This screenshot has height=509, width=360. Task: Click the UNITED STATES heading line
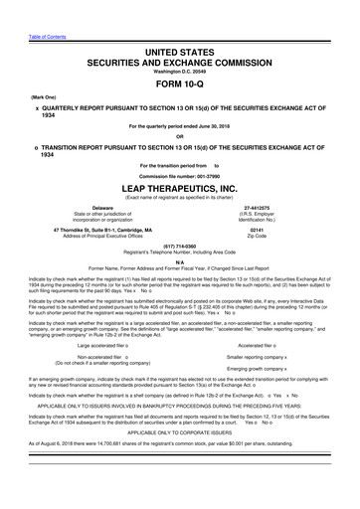180,23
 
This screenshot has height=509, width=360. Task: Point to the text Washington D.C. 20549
180,43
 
